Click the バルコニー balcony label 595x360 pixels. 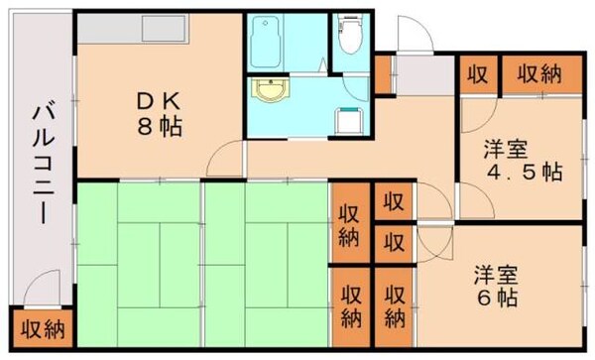[42, 164]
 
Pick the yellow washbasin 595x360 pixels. [270, 92]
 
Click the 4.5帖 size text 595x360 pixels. [524, 172]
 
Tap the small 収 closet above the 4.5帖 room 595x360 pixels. [477, 73]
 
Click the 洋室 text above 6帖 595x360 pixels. [501, 272]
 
